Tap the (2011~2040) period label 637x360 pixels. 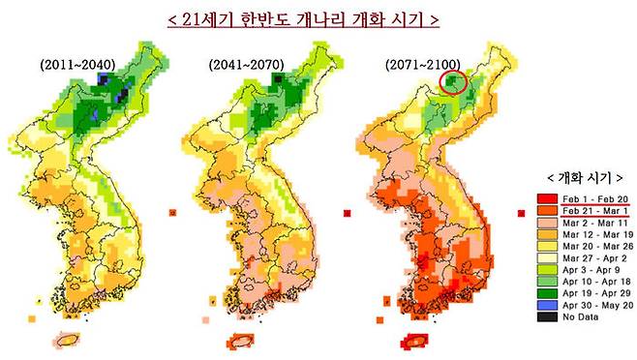coord(78,64)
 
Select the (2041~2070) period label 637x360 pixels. coord(247,64)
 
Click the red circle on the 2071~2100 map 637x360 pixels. coord(456,83)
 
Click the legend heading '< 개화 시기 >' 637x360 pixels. coord(579,178)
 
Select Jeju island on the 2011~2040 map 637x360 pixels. coord(70,340)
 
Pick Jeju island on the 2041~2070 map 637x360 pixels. coord(240,341)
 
